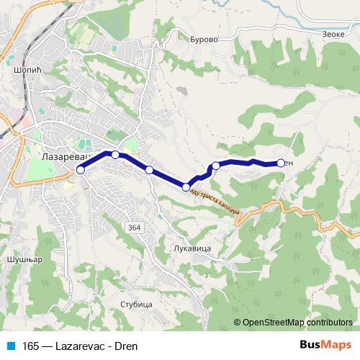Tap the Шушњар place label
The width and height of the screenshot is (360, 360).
(x=19, y=257)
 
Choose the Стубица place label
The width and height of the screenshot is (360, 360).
(x=137, y=304)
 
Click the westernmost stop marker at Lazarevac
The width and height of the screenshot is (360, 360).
(x=81, y=170)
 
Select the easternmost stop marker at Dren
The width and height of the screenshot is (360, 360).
(x=280, y=163)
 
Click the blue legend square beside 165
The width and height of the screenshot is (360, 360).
(x=9, y=345)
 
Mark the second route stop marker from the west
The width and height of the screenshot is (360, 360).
(x=115, y=155)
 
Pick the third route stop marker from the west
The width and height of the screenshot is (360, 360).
(x=149, y=170)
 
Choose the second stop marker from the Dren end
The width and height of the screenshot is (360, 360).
(x=215, y=166)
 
